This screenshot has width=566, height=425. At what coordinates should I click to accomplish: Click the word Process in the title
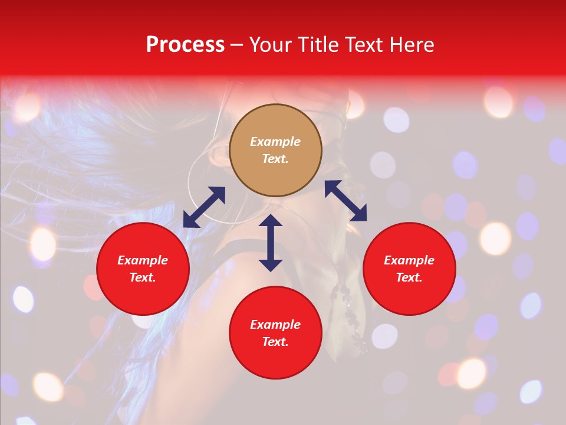[x=185, y=45]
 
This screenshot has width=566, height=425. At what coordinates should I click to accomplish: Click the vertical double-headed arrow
[x=271, y=243]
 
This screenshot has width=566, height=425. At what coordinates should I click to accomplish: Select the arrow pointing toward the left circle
[x=204, y=207]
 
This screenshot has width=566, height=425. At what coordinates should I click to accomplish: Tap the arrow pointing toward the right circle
[x=346, y=201]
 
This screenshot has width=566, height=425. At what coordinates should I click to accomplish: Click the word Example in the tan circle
[x=275, y=142]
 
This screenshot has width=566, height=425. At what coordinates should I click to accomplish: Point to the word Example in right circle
[x=409, y=260]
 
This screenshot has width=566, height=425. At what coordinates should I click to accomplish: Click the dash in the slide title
[x=236, y=45]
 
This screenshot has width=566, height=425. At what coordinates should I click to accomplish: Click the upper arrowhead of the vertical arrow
[x=271, y=221]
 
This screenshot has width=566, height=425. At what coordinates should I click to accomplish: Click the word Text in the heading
[x=361, y=45]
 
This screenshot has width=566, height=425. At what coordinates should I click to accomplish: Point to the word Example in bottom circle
[x=275, y=325]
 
